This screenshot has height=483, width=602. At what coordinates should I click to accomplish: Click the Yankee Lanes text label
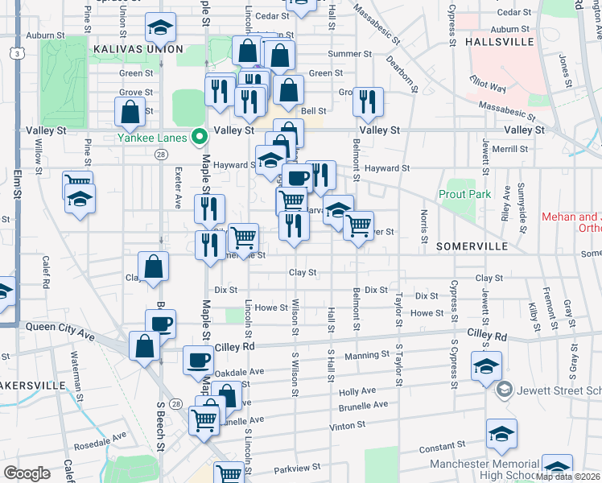tap(152, 138)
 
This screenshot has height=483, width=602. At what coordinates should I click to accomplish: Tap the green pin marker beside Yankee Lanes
tap(200, 137)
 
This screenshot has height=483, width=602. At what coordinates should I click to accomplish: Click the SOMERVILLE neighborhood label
tap(470, 246)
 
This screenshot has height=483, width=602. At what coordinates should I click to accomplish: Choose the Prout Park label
tap(464, 194)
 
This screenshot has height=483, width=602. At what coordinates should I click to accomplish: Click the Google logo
tap(27, 473)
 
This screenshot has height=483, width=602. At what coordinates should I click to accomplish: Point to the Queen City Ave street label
tap(60, 327)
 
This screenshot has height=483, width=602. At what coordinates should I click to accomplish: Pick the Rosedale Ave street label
tap(100, 440)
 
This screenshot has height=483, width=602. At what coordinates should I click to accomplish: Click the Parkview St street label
tap(296, 467)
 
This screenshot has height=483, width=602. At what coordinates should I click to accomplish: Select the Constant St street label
tap(437, 447)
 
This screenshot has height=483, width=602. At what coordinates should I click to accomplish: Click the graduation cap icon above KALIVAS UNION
tap(160, 28)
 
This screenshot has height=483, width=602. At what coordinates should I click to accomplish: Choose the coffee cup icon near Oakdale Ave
tap(198, 360)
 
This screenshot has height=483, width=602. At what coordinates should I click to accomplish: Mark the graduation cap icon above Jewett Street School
tap(487, 366)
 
